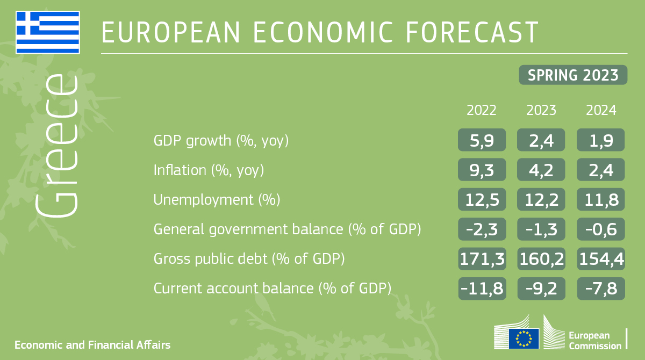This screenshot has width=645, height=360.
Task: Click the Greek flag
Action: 48,32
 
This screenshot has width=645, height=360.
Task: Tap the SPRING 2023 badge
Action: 573,75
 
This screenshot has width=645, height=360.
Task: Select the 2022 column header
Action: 482,111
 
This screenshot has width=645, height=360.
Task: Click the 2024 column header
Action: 601,111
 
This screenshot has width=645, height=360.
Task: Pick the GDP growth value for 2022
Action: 482,141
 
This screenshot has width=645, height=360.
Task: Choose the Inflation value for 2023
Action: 541,170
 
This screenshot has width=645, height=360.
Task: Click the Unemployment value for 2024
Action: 601,200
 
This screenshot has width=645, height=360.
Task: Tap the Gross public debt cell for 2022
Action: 482,259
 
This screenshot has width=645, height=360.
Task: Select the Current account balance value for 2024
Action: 601,289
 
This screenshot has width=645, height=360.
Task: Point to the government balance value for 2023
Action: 541,229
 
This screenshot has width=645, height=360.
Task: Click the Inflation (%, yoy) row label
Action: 209,170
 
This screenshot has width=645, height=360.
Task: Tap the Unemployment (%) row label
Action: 217,200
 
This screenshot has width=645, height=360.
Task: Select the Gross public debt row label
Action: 249,259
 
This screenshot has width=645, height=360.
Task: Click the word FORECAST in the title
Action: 471,32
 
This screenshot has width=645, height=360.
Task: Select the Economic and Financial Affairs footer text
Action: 92,344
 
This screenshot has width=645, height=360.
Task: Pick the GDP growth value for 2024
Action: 601,141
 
